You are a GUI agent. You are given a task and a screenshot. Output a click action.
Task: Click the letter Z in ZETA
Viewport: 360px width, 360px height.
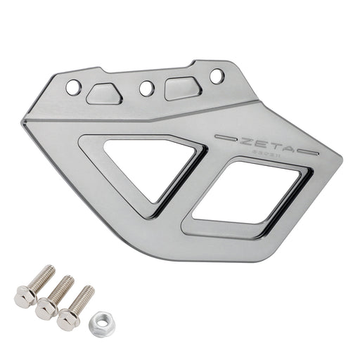pyautogui.click(x=247, y=139)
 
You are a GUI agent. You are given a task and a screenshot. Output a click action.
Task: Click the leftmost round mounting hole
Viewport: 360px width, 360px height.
pyautogui.click(x=74, y=87)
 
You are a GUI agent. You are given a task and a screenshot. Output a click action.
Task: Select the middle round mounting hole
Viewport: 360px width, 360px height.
pyautogui.click(x=146, y=89)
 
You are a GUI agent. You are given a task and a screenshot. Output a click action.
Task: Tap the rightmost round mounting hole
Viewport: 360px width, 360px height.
pyautogui.click(x=217, y=75)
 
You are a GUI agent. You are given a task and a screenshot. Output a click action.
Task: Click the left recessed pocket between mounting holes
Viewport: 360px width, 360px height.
pyautogui.click(x=105, y=94)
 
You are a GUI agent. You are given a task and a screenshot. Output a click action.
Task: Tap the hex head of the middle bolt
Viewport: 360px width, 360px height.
pyautogui.click(x=47, y=307)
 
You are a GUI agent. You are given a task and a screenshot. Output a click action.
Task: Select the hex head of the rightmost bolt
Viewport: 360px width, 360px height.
pyautogui.click(x=68, y=318)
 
